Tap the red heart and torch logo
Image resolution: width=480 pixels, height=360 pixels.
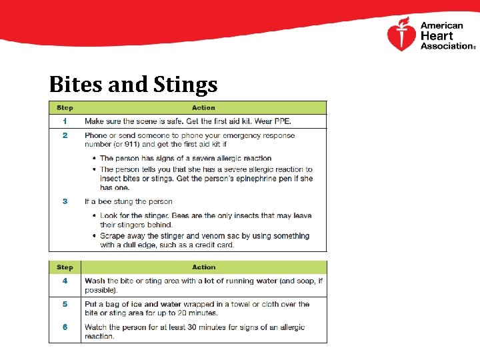[x=401, y=35]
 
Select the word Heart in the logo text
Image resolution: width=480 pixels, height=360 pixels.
[x=437, y=36]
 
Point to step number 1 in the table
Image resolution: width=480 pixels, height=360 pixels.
[x=65, y=121]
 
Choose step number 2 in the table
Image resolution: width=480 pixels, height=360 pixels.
[x=65, y=135]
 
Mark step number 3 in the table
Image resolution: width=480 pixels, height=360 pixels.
[x=65, y=201]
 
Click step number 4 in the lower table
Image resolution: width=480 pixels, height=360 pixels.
[x=65, y=281]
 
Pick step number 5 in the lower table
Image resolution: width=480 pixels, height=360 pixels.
[x=65, y=304]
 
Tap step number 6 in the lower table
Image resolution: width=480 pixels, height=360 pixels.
[x=65, y=327]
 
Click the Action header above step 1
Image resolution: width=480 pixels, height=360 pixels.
[x=203, y=107]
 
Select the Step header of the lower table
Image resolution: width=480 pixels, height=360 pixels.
[x=65, y=267]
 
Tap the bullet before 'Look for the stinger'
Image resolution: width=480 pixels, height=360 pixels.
[x=94, y=216]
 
